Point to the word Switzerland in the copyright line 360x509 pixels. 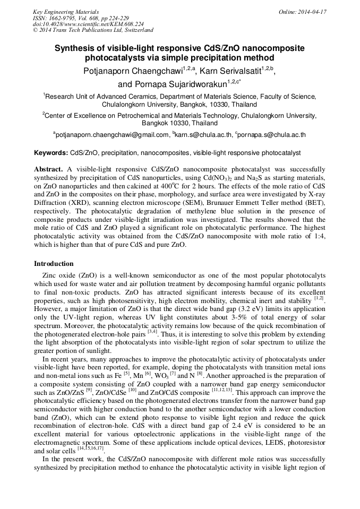tap(136, 30)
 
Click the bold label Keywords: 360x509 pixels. tap(51, 153)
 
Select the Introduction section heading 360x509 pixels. tap(54, 264)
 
